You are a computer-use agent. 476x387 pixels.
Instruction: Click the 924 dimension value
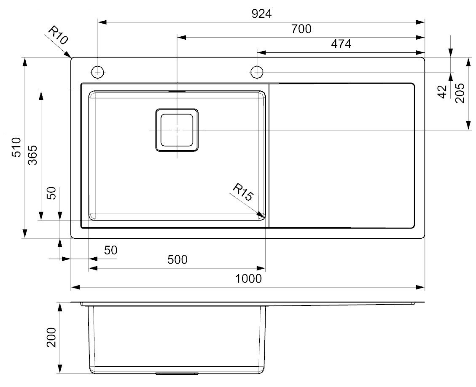tap(261, 14)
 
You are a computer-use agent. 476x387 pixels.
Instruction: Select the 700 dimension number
tap(301, 29)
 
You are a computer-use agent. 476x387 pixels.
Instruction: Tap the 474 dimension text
tap(341, 44)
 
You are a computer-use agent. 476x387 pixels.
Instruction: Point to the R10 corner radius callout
tap(58, 35)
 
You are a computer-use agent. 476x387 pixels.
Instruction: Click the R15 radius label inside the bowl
tap(242, 192)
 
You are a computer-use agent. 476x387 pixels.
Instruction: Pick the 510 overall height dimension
tap(16, 147)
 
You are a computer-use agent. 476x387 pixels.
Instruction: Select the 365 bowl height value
tap(32, 155)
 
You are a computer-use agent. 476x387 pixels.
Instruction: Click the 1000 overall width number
tap(248, 278)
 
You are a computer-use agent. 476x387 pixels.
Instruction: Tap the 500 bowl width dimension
tap(177, 259)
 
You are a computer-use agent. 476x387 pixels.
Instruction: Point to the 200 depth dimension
tap(51, 337)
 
